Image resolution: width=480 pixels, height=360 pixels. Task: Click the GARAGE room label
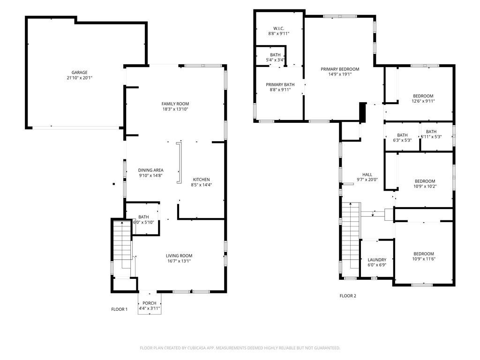tap(80, 73)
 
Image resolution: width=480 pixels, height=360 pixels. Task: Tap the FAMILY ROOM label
tap(175, 104)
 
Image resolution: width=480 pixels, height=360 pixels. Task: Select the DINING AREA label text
tap(150, 170)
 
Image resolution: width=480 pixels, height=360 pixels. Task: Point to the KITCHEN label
tap(202, 180)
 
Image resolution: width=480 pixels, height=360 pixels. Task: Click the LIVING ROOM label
tap(179, 256)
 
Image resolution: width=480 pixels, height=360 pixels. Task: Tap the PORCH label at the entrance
tap(150, 303)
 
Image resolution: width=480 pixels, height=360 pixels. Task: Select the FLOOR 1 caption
tap(120, 309)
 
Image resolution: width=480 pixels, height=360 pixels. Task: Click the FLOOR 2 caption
tap(348, 296)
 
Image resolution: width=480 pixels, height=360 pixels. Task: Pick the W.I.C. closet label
tap(278, 29)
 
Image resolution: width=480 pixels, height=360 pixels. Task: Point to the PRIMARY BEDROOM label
tap(340, 69)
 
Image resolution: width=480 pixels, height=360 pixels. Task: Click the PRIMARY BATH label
tap(280, 85)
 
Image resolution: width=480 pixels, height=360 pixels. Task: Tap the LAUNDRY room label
tap(377, 260)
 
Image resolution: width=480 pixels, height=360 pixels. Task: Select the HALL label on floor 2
tap(367, 175)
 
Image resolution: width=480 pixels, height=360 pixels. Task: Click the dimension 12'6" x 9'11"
tap(423, 101)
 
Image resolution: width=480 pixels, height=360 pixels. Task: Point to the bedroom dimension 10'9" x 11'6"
tap(424, 259)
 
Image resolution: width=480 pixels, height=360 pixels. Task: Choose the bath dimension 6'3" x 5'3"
tap(402, 140)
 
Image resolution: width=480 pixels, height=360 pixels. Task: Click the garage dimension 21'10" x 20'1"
tap(80, 78)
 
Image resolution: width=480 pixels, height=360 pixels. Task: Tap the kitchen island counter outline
tap(179, 163)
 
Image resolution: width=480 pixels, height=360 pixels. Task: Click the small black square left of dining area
tap(113, 184)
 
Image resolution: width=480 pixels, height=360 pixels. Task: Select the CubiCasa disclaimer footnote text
tap(240, 348)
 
